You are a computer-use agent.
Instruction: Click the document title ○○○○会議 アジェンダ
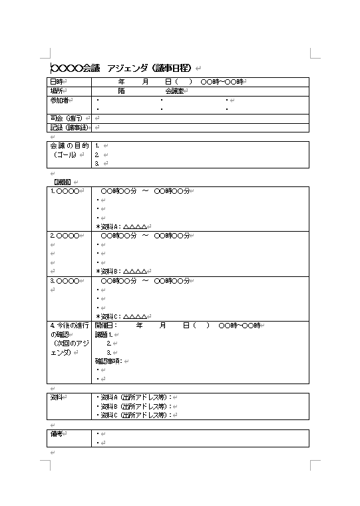pos(122,68)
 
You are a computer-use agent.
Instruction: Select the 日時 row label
pos(57,82)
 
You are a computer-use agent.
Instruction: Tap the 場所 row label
pos(57,91)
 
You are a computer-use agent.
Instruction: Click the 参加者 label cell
pos(59,100)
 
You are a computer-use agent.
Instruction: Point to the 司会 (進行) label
pos(66,118)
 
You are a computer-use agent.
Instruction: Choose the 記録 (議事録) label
pos(68,127)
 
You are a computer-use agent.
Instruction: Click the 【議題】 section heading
pos(61,182)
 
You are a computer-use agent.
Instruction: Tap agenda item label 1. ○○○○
pos(65,191)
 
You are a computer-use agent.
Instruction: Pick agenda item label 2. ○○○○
pos(65,236)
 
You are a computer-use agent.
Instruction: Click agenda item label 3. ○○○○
pos(65,281)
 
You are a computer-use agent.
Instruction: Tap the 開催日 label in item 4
pos(105,326)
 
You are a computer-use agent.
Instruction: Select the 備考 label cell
pos(57,433)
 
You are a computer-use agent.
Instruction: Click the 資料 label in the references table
pos(57,397)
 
